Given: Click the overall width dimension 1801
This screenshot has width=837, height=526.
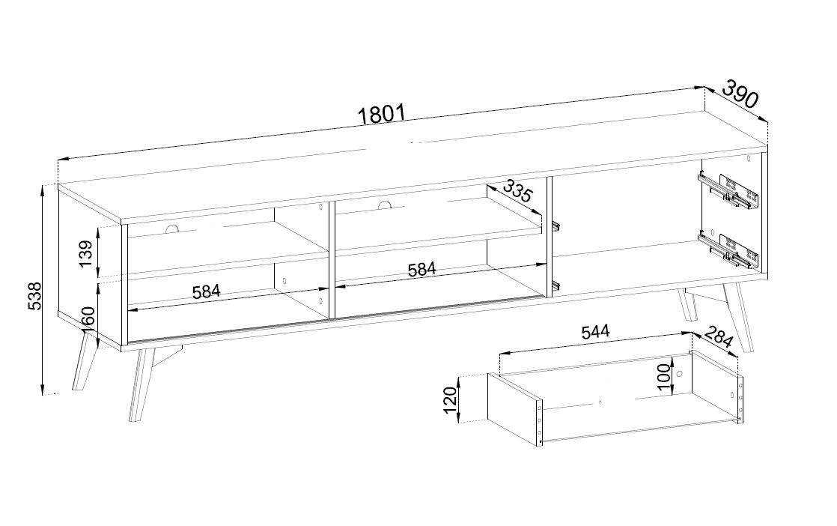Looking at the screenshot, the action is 383,114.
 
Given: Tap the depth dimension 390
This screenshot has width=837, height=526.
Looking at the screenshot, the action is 740,94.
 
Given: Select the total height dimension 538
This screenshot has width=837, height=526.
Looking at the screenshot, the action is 34,296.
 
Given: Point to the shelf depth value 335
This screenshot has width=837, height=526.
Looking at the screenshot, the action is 517,190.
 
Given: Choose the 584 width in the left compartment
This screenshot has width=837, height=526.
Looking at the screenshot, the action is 206,291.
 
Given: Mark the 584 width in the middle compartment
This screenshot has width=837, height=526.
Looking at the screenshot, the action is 421,269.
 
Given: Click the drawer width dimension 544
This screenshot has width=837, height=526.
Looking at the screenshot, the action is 595,332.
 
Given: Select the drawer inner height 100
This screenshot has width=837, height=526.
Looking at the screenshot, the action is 663,377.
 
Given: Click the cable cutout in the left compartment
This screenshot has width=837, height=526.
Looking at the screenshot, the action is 172,229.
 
